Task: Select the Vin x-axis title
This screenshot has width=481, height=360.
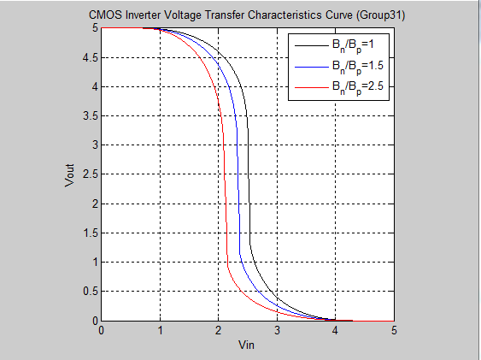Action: coord(247,346)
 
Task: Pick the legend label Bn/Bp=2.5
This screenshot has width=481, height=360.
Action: coord(357,88)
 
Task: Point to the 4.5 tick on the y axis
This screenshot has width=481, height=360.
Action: coord(91,57)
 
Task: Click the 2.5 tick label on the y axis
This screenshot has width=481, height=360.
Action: coord(91,174)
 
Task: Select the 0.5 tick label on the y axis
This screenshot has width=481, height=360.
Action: coord(91,292)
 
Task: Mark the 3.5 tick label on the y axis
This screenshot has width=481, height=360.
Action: coord(91,115)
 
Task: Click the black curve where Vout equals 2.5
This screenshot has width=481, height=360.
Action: coord(248,174)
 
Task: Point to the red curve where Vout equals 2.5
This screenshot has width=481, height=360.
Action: coord(225,174)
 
